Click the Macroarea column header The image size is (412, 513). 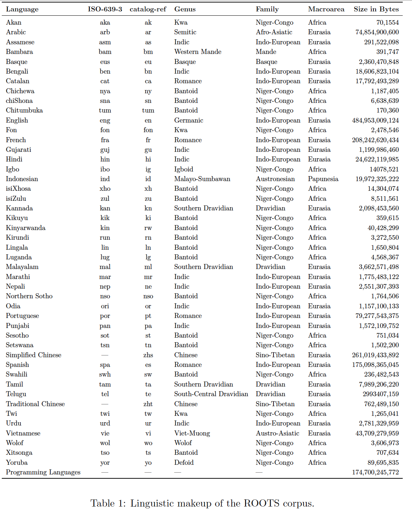pyautogui.click(x=326, y=9)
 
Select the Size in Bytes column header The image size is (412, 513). pyautogui.click(x=376, y=9)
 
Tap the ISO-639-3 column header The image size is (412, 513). pyautogui.click(x=105, y=9)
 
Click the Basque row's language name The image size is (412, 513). pyautogui.click(x=17, y=62)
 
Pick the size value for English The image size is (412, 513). pyautogui.click(x=375, y=120)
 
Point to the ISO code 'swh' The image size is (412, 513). pyautogui.click(x=105, y=374)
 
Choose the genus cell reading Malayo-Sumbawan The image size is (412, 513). pyautogui.click(x=202, y=179)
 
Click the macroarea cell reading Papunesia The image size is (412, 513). pyautogui.click(x=323, y=179)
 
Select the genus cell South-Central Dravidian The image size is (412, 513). pyautogui.click(x=211, y=394)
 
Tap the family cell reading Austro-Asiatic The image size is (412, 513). pyautogui.click(x=277, y=433)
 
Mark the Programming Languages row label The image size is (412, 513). pyautogui.click(x=43, y=472)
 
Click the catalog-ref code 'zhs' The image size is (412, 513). pyautogui.click(x=148, y=355)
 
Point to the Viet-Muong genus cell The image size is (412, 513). pyautogui.click(x=192, y=433)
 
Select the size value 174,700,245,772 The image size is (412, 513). pyautogui.click(x=375, y=472)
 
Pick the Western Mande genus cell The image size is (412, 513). pyautogui.click(x=198, y=52)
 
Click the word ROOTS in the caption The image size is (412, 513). pyautogui.click(x=262, y=503)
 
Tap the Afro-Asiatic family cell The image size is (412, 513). pyautogui.click(x=274, y=32)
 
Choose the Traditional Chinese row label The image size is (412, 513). pyautogui.click(x=35, y=404)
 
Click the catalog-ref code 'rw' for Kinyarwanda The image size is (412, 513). pyautogui.click(x=148, y=228)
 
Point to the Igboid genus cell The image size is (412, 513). pyautogui.click(x=184, y=169)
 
